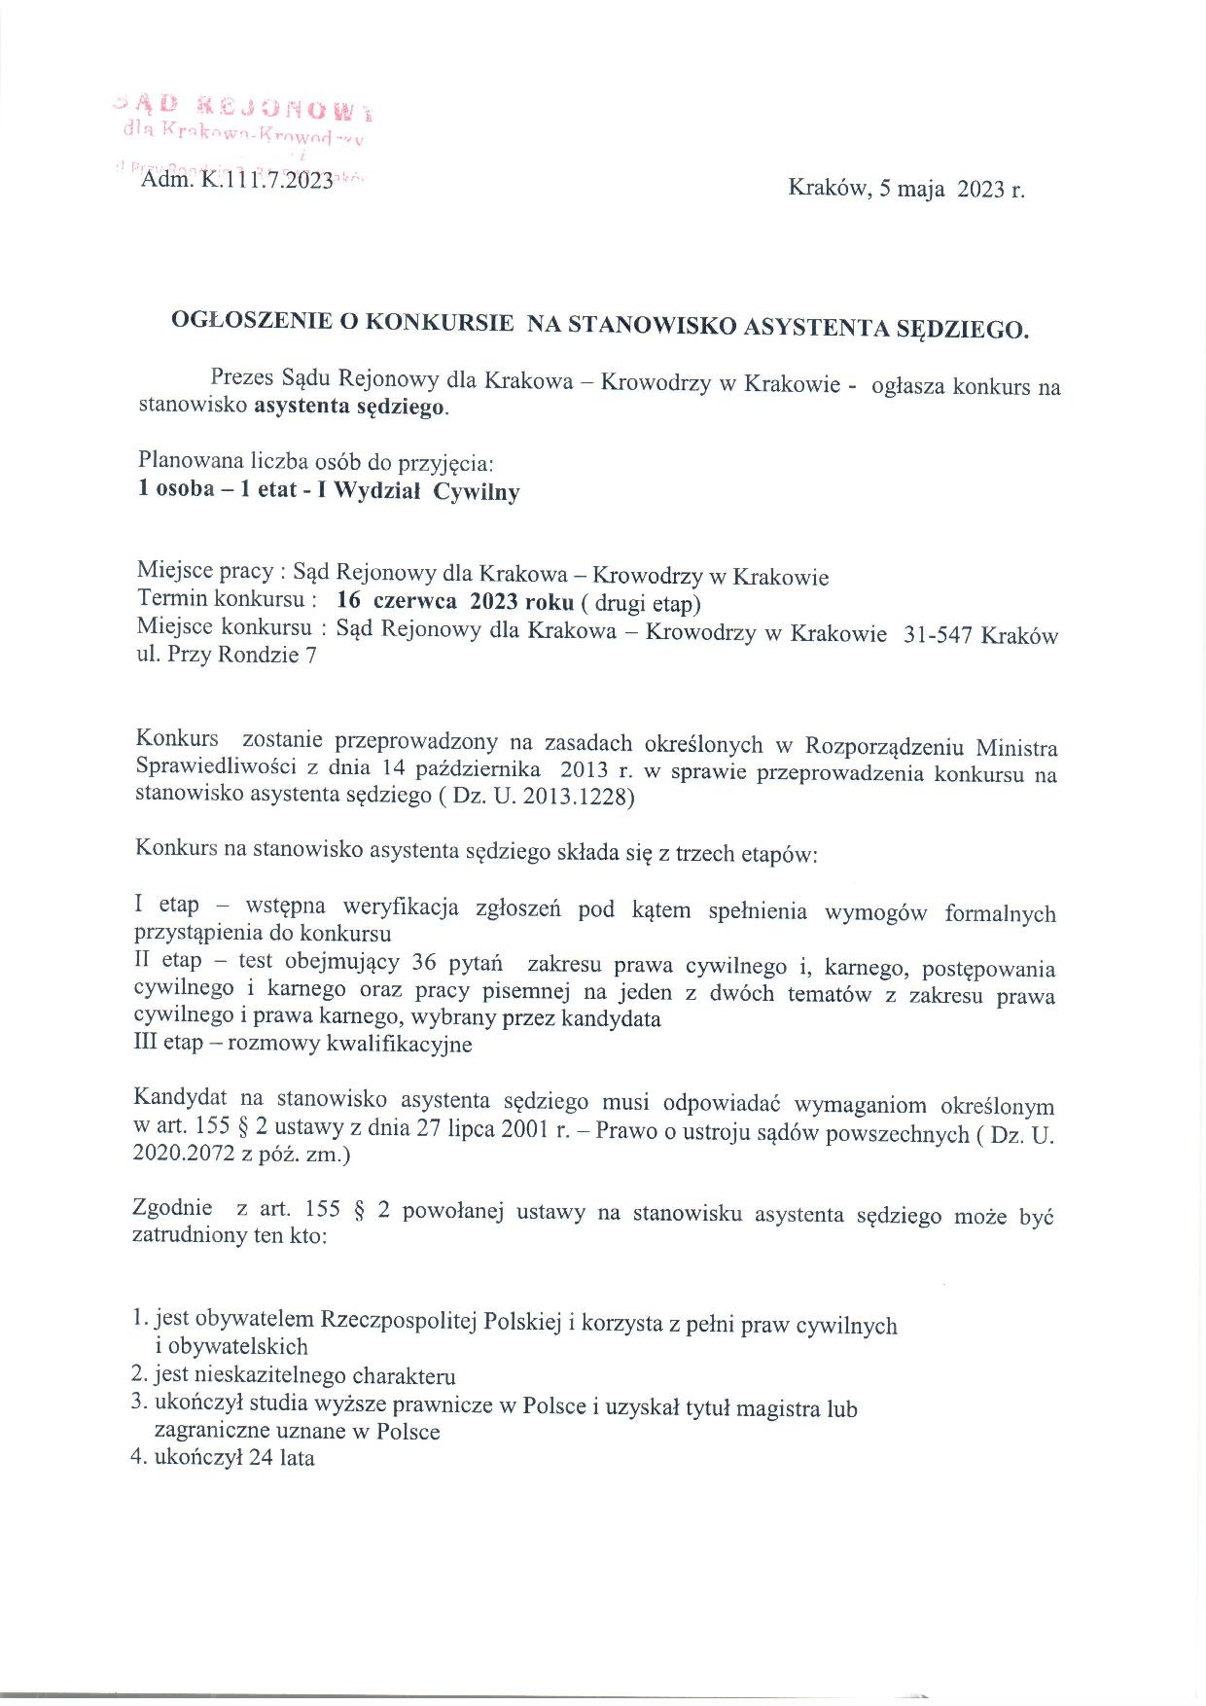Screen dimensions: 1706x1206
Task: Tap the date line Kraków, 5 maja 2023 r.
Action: pyautogui.click(x=905, y=189)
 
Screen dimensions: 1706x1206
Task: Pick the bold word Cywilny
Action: pyautogui.click(x=476, y=491)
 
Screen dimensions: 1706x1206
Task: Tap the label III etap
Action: pyautogui.click(x=168, y=1044)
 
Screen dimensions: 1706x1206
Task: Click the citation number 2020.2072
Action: pyautogui.click(x=179, y=1155)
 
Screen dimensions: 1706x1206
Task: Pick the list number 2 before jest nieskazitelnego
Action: pyautogui.click(x=138, y=1375)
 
